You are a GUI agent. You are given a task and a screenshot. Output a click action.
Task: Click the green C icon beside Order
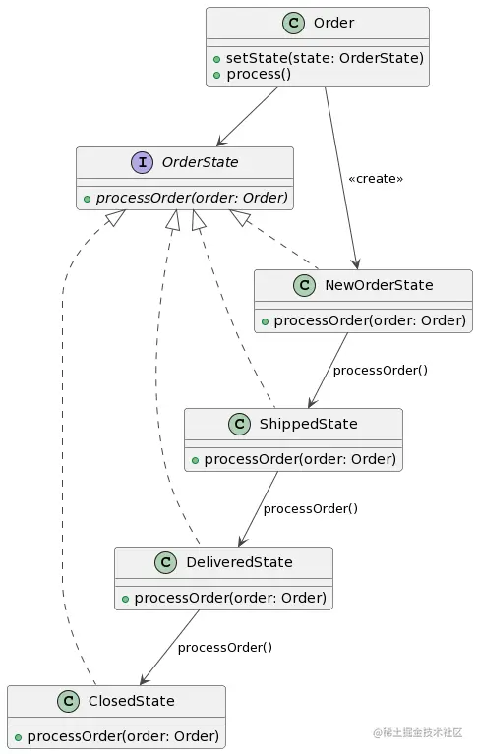click(x=293, y=23)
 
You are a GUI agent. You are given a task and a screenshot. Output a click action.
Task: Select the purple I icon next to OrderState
click(x=143, y=162)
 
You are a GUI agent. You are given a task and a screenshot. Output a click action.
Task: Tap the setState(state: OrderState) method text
click(x=325, y=58)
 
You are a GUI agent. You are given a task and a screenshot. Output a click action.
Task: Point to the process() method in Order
click(x=259, y=74)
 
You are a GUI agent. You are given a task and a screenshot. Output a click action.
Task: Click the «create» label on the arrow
click(x=376, y=178)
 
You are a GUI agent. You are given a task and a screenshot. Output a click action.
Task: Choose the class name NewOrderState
click(x=379, y=285)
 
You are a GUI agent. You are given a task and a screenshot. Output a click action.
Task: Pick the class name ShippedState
click(x=308, y=424)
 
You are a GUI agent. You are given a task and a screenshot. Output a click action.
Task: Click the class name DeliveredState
click(x=239, y=562)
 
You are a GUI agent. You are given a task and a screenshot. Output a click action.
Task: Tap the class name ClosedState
click(x=131, y=701)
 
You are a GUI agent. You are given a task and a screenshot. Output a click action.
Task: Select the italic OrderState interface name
click(x=200, y=162)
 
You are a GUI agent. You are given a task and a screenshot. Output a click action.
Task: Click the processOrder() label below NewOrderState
click(x=381, y=371)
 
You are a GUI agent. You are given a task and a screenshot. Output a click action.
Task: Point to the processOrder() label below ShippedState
click(x=311, y=509)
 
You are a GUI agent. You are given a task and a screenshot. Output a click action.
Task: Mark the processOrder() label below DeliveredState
click(x=225, y=647)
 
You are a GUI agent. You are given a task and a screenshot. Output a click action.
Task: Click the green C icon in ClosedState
click(x=68, y=701)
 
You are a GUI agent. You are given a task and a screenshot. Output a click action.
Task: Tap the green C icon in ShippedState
click(x=239, y=424)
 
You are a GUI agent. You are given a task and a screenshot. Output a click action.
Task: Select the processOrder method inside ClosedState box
click(x=123, y=736)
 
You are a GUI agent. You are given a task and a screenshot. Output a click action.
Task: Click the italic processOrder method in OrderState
click(x=192, y=198)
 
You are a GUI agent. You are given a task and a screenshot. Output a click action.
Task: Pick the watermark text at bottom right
click(x=417, y=732)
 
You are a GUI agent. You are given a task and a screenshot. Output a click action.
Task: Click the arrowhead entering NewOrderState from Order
click(x=355, y=263)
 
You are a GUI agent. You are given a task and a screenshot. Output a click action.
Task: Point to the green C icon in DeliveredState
click(x=166, y=562)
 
